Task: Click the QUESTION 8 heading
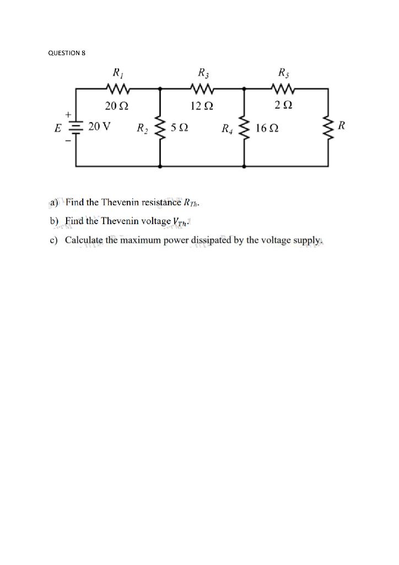click(67, 53)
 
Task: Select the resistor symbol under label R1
click(117, 88)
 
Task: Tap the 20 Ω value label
click(117, 105)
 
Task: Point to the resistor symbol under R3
click(202, 88)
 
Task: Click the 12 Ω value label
click(202, 105)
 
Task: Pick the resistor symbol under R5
click(286, 88)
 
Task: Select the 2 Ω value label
click(285, 105)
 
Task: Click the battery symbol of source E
click(76, 127)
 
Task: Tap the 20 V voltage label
click(99, 126)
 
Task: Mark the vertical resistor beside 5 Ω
click(160, 127)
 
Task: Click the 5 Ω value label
click(180, 128)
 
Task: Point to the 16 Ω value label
click(267, 128)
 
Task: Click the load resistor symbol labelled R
click(329, 127)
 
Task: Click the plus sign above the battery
click(69, 115)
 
